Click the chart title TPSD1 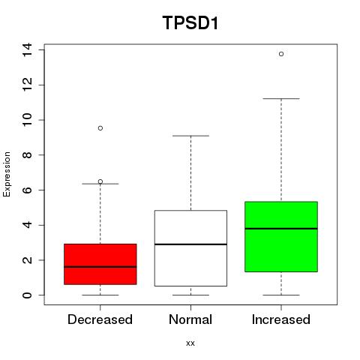190,22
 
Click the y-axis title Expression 7,175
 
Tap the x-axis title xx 190,343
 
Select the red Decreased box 100,264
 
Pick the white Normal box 190,248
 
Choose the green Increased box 281,236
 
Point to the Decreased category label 100,319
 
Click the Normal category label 190,319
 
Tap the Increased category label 281,319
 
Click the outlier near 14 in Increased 281,54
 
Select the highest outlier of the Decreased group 100,128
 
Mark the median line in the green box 281,229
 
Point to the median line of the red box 100,267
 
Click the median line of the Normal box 190,244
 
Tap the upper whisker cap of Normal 190,136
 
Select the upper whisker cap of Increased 281,98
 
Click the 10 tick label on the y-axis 27,120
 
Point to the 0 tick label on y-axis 27,295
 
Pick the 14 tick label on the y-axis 27,49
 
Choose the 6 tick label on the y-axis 27,190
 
